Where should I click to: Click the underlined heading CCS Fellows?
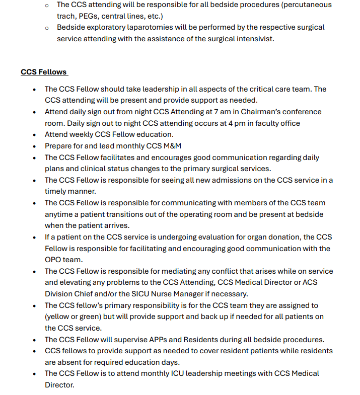(x=44, y=72)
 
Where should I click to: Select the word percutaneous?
(x=309, y=5)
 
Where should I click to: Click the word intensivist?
(x=255, y=39)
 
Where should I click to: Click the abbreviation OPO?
(x=54, y=260)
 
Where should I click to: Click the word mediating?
(x=180, y=271)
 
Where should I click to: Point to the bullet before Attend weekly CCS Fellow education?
(x=34, y=135)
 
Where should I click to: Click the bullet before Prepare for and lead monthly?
(x=34, y=146)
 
